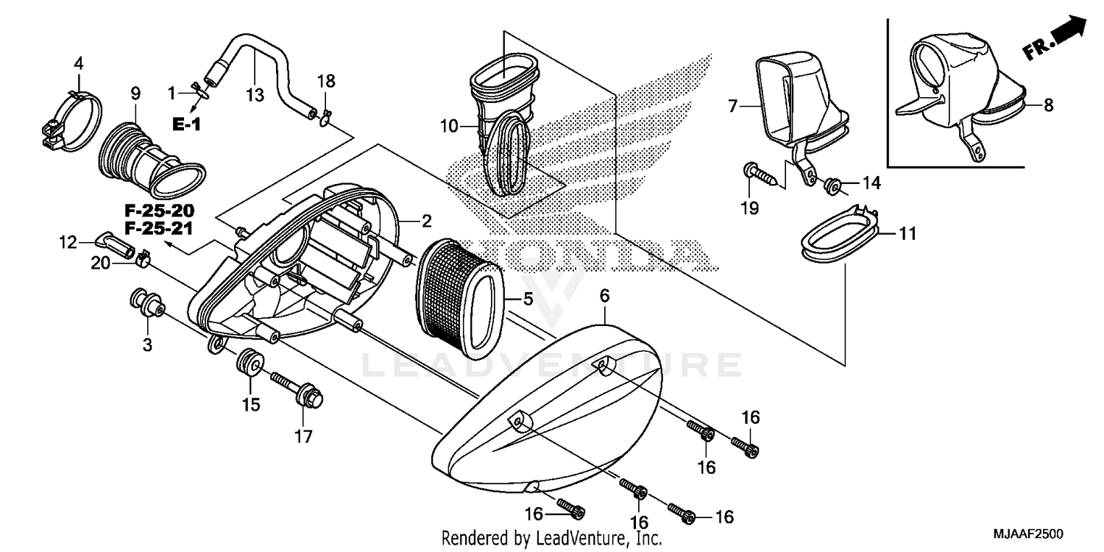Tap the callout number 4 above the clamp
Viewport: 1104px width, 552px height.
click(78, 63)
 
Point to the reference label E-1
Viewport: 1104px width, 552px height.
click(186, 125)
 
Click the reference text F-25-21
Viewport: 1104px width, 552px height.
click(158, 228)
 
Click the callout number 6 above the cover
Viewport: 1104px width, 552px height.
click(604, 296)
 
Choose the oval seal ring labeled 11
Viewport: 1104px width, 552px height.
click(839, 234)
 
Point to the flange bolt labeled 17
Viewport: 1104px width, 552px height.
click(299, 391)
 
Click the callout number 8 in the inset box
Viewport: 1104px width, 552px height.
click(1048, 105)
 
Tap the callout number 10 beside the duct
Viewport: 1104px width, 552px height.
click(450, 127)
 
